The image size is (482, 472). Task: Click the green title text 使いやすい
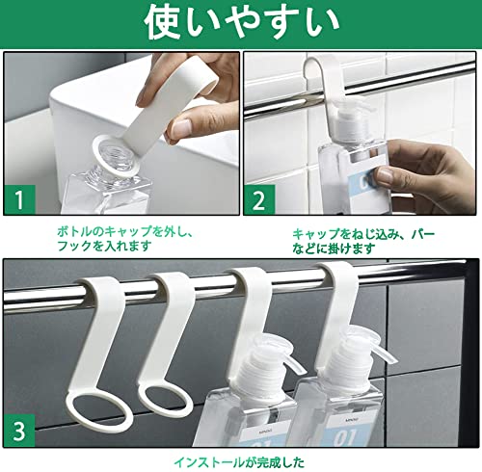(x=242, y=24)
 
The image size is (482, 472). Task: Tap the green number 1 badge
(x=19, y=199)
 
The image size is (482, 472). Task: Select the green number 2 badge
(x=259, y=199)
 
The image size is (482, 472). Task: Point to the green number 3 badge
(x=19, y=431)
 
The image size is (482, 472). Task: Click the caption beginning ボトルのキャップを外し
(x=125, y=239)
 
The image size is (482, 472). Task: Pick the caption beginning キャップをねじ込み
(x=363, y=241)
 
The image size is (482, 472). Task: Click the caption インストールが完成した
(x=239, y=462)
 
